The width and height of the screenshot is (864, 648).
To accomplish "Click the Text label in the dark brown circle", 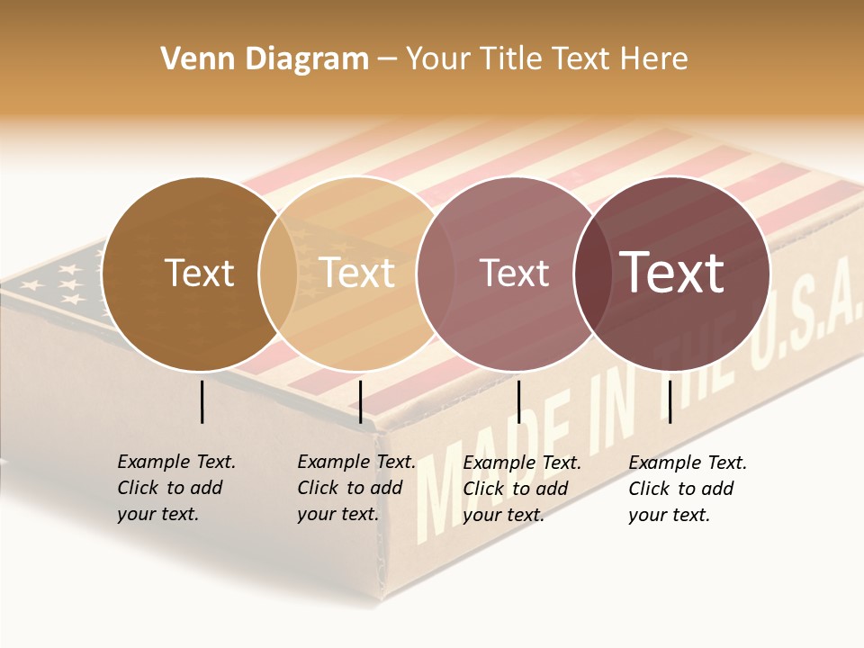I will tap(199, 273).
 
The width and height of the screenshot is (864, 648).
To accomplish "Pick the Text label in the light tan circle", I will tap(357, 273).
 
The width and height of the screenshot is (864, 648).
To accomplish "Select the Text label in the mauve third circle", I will tap(514, 274).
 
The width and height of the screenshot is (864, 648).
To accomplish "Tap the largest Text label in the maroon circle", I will tap(671, 273).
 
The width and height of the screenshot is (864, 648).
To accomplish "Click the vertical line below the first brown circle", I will tap(202, 401).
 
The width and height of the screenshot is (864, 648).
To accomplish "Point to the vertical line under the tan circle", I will tap(360, 401).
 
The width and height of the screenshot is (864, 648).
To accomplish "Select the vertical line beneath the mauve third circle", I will tap(518, 401).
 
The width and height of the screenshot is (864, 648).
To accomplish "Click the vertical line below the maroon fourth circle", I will tap(670, 401).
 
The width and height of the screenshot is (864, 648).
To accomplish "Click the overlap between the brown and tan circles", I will tap(278, 274).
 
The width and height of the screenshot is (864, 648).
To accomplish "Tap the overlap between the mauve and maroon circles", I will tap(590, 274).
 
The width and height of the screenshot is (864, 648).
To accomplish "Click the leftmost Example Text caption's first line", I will tap(176, 462).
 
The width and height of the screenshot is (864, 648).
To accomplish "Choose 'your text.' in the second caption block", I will tap(337, 514).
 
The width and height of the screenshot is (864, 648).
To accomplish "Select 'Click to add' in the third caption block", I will tap(515, 489).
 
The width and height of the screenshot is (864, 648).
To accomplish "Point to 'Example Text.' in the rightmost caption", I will tap(688, 463).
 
